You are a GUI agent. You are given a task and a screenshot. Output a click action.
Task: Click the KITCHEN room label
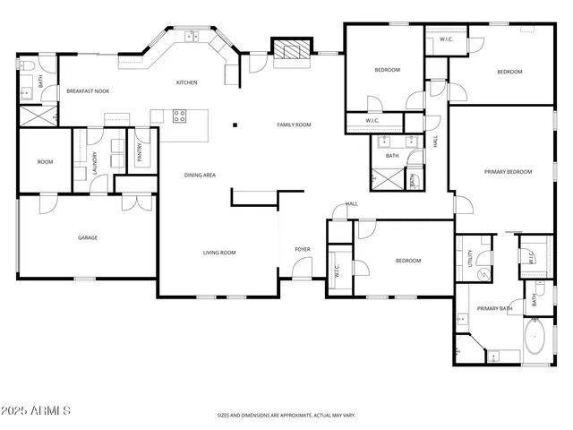pyautogui.click(x=186, y=82)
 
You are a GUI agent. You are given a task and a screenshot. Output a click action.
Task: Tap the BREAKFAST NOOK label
pyautogui.click(x=88, y=91)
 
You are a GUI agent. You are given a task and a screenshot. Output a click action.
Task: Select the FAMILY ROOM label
pyautogui.click(x=294, y=125)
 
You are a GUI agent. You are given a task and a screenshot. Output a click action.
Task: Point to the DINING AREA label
pyautogui.click(x=200, y=175)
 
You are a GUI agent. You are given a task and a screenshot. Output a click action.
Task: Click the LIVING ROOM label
pyautogui.click(x=218, y=253)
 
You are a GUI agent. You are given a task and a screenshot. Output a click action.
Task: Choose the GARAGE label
pyautogui.click(x=87, y=237)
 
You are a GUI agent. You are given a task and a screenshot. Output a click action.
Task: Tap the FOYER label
pyautogui.click(x=303, y=249)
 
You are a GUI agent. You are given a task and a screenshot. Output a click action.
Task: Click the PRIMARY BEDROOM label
pyautogui.click(x=508, y=171)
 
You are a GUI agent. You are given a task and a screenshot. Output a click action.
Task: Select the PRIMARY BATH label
pyautogui.click(x=494, y=308)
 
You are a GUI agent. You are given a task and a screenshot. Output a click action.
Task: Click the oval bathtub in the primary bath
pyautogui.click(x=537, y=342)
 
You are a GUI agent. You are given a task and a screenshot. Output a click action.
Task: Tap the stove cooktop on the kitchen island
pyautogui.click(x=179, y=115)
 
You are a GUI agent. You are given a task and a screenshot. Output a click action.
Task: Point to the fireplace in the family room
pyautogui.click(x=292, y=51)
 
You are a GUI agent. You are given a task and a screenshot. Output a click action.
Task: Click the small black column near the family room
pyautogui.click(x=235, y=125)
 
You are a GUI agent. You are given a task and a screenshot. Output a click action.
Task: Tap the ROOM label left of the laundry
pyautogui.click(x=45, y=162)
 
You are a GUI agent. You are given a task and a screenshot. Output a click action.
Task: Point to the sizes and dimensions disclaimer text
pyautogui.click(x=286, y=416)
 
